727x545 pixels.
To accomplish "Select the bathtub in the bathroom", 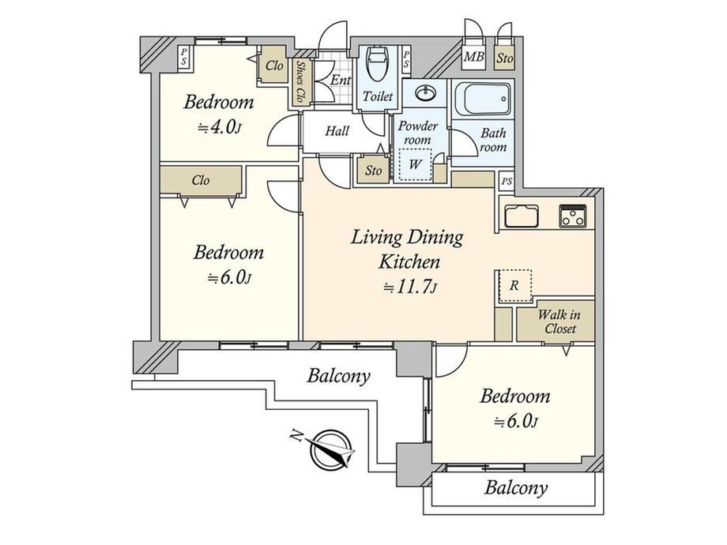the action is (484, 99).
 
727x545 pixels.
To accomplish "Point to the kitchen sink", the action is (522, 216).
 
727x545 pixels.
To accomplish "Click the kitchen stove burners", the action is (573, 216).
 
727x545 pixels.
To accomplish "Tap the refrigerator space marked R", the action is (514, 286).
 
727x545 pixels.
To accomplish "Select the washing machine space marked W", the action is (415, 164).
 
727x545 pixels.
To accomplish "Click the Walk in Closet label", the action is (559, 321).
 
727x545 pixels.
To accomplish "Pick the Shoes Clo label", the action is (301, 82).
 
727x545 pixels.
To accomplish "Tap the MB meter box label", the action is (474, 57).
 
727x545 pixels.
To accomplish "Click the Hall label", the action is (337, 131).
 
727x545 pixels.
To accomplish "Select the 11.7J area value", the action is (410, 287).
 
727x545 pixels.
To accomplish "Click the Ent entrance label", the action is (341, 80).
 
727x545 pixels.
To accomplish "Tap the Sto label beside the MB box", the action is (505, 58).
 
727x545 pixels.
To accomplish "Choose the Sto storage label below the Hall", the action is (373, 171).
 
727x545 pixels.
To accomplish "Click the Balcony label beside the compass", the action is (339, 376).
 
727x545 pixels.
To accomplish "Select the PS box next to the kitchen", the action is (507, 181).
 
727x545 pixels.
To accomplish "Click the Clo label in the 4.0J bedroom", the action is (274, 66).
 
